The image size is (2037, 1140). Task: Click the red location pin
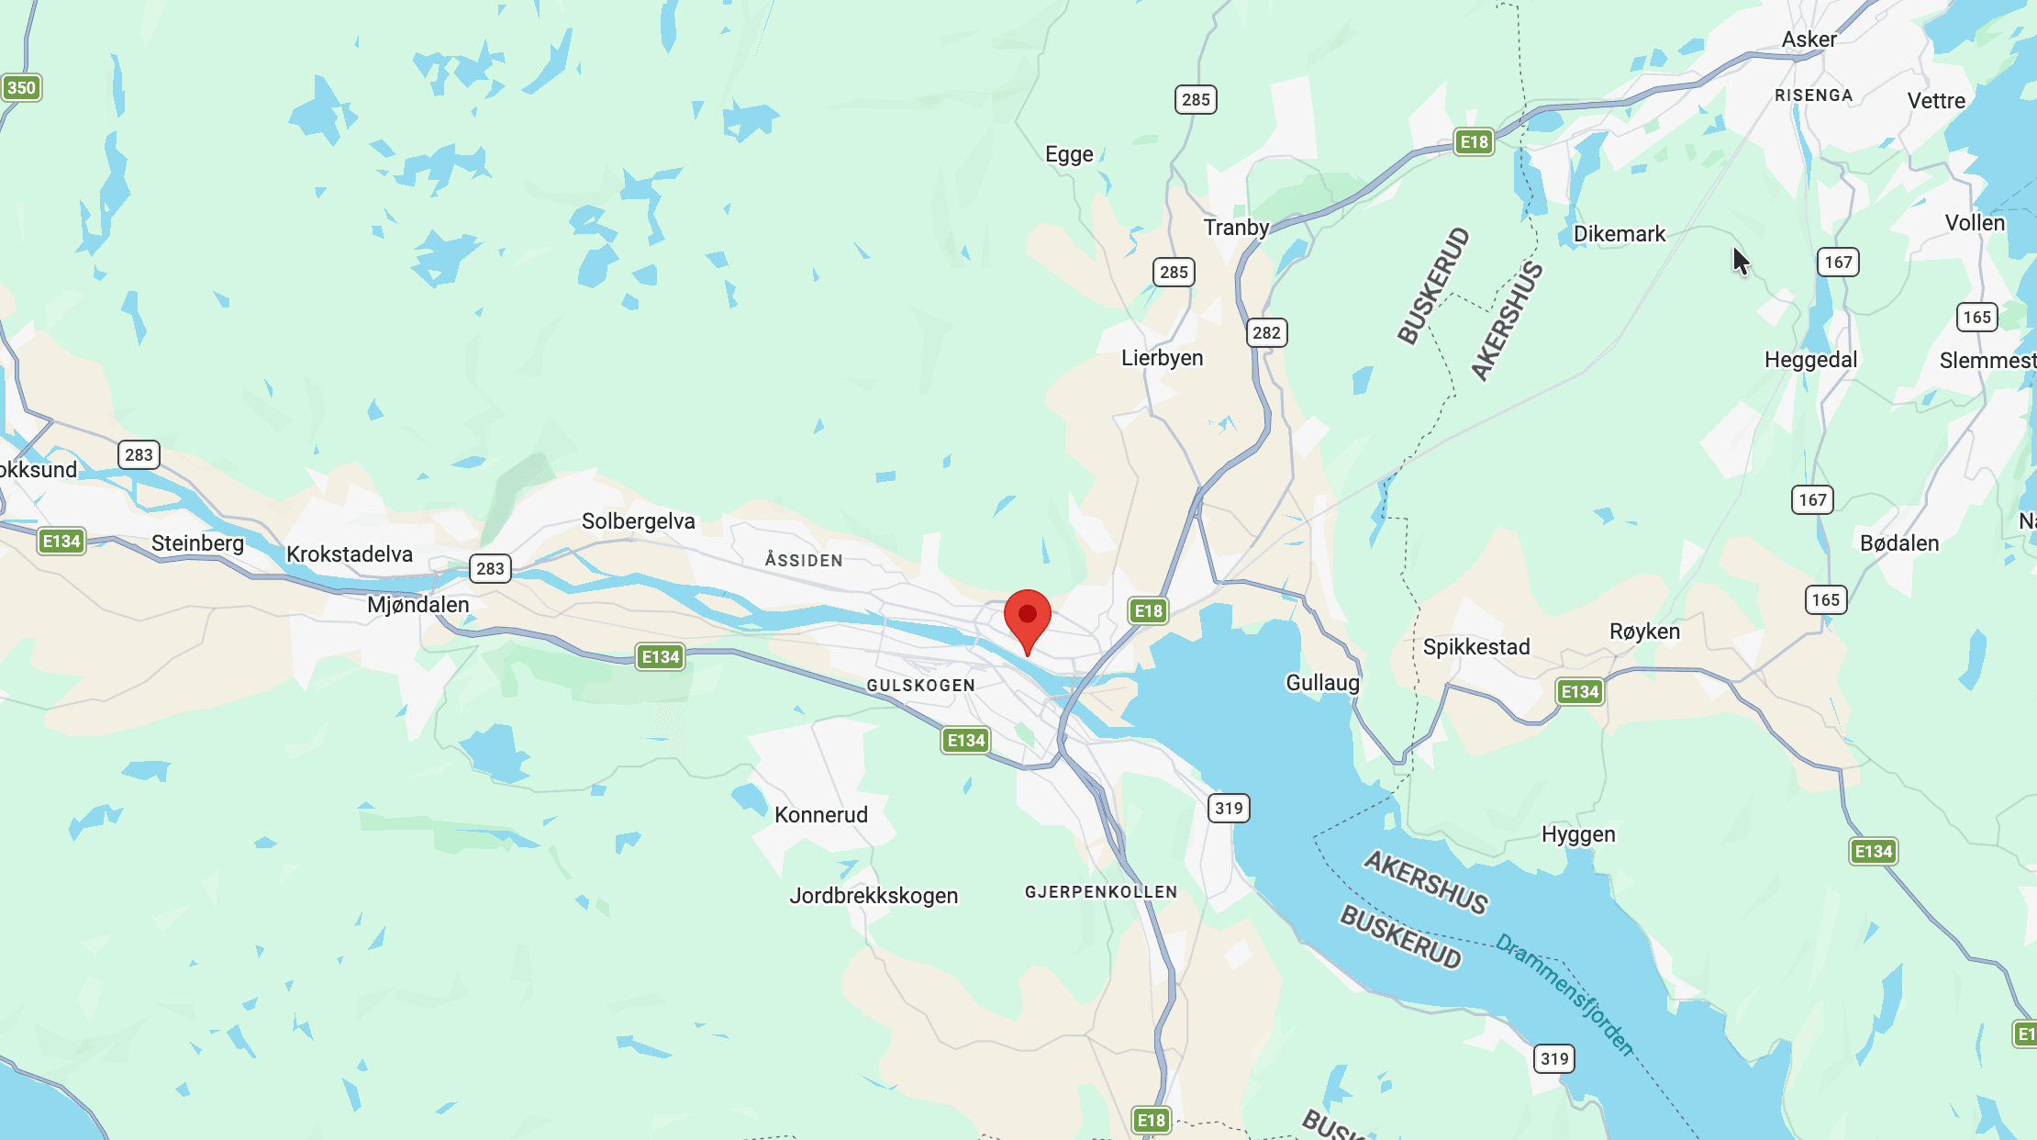[1028, 616]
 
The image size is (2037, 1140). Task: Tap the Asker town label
[1809, 39]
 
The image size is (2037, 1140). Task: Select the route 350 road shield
[21, 88]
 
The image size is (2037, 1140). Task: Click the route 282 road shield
[1266, 332]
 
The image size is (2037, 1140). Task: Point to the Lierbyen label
[1162, 358]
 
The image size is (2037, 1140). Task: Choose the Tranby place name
[1236, 228]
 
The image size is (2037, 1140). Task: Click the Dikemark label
[1619, 234]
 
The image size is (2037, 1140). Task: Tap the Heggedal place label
[1810, 360]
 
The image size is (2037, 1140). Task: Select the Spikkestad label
[1476, 647]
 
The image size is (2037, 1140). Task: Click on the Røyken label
[1644, 631]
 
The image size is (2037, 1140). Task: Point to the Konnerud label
[820, 815]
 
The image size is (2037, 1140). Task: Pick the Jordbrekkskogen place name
[874, 896]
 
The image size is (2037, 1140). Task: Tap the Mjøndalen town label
[417, 605]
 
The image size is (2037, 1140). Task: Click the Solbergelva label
[638, 521]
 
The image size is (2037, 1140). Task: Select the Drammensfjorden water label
[1565, 995]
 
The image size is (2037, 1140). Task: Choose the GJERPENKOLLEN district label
[1100, 892]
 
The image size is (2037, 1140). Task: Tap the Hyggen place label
[1578, 834]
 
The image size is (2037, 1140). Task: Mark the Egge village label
[1069, 154]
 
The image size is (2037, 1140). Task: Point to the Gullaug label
[1322, 683]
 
